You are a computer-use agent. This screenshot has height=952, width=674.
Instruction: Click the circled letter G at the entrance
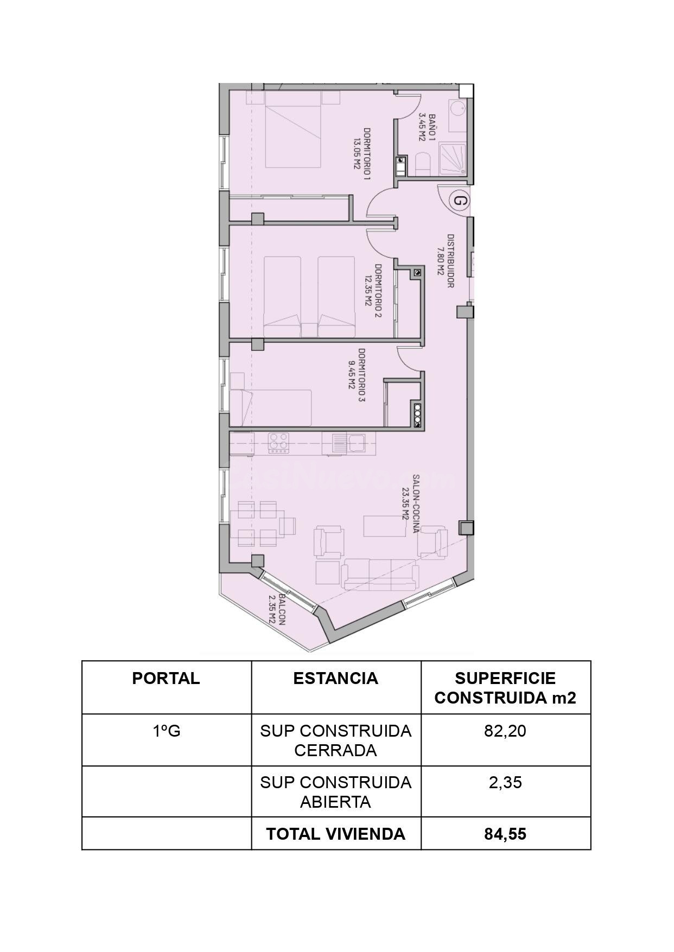point(460,200)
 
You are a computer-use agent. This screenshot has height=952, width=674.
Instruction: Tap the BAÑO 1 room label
point(427,127)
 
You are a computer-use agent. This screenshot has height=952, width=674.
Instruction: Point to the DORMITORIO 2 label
point(373,291)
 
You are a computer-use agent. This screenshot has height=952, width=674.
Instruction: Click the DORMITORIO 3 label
point(357,375)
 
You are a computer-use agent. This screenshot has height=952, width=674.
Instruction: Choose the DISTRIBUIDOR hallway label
point(446,261)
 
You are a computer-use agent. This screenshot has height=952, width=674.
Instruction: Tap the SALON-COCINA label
point(411,504)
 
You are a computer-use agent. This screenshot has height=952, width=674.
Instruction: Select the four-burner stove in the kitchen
point(279,443)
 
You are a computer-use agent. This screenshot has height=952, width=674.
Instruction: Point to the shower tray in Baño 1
point(450,158)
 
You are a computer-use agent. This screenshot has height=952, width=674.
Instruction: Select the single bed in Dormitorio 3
point(271,407)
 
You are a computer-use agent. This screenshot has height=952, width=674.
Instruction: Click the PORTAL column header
point(166,679)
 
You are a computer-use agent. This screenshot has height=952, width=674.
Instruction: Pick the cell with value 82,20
point(505,731)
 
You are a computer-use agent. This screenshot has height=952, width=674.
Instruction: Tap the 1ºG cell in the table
point(166,731)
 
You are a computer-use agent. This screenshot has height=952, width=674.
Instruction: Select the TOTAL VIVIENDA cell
point(336,834)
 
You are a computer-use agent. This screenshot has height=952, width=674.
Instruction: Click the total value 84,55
point(505,834)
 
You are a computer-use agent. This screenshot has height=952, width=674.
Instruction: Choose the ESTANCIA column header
point(336,679)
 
